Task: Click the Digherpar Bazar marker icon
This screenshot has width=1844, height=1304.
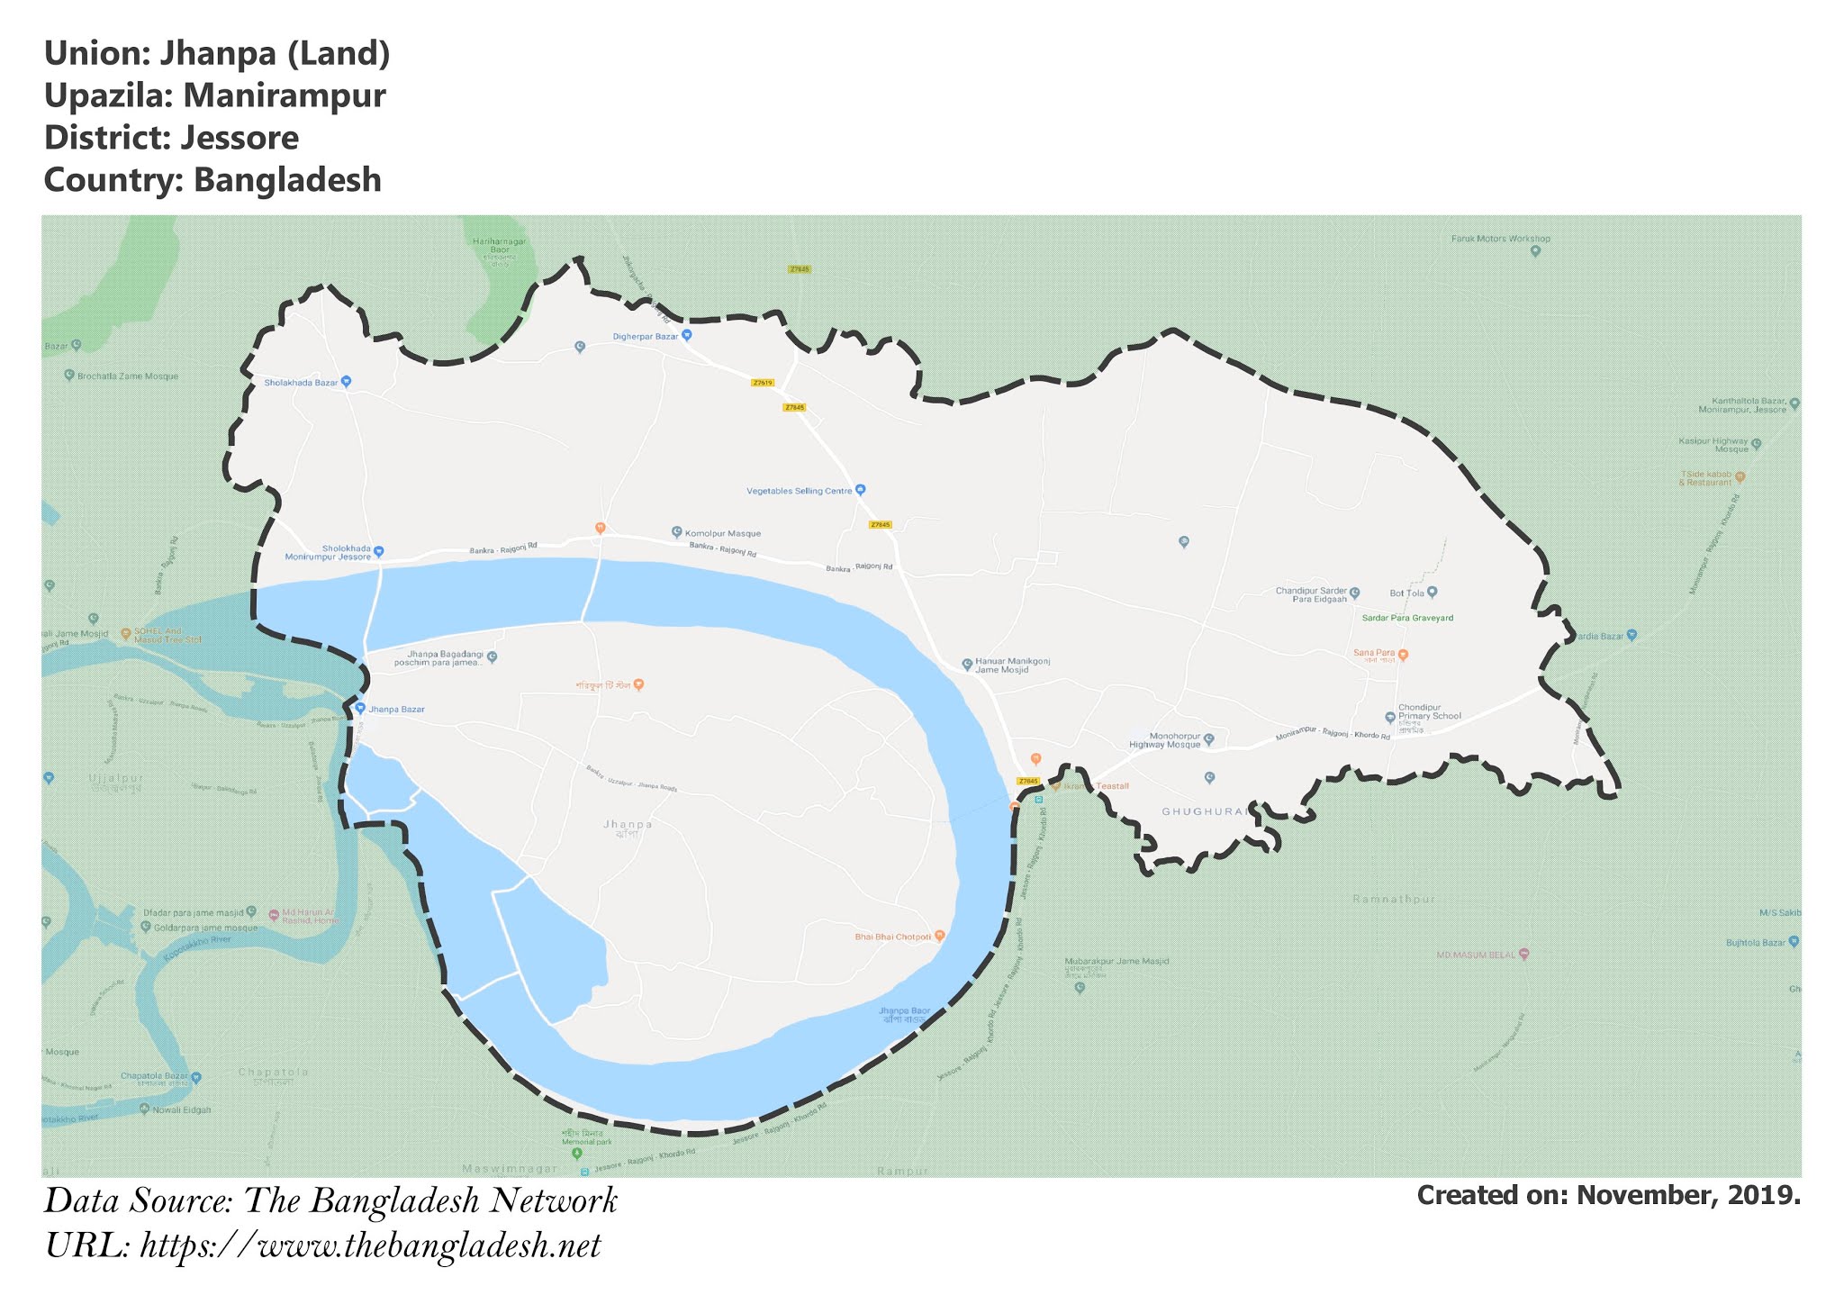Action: (x=687, y=335)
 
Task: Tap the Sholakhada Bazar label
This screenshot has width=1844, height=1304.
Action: (x=301, y=383)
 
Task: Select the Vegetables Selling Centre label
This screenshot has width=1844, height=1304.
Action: (x=799, y=491)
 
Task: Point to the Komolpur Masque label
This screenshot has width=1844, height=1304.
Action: (x=722, y=533)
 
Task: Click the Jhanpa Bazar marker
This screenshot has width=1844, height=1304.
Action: (x=360, y=708)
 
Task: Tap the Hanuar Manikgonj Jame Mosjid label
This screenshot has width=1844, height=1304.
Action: (x=1012, y=666)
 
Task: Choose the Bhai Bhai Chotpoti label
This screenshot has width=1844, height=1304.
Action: (x=892, y=937)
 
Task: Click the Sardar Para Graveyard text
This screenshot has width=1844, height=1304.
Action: (x=1407, y=619)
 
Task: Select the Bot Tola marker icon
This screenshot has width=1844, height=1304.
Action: (x=1433, y=592)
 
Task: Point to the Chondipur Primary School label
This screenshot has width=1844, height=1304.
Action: (x=1429, y=711)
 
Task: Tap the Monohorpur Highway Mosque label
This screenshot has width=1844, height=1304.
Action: (x=1165, y=740)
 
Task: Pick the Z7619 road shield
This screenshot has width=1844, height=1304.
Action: (x=762, y=383)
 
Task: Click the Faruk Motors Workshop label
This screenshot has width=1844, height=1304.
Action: (x=1500, y=239)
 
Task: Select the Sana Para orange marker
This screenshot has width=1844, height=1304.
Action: (x=1403, y=655)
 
